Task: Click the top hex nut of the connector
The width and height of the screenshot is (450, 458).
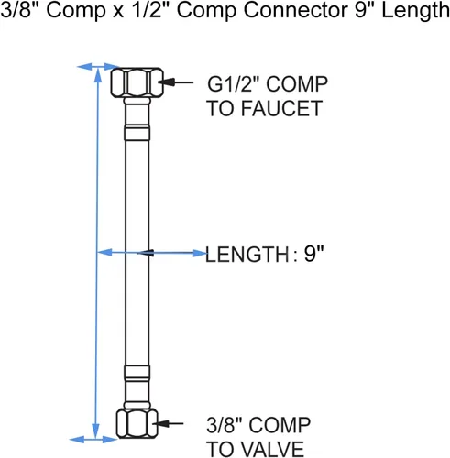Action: tap(137, 82)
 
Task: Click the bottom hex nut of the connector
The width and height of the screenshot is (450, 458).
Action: tap(137, 423)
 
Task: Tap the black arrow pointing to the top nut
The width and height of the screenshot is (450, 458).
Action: tap(176, 82)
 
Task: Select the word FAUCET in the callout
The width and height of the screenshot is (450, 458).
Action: tap(281, 108)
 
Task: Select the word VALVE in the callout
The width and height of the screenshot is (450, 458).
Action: tap(272, 449)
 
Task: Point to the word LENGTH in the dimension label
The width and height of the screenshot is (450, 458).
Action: tap(247, 255)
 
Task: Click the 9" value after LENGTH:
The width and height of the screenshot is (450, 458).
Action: tap(313, 254)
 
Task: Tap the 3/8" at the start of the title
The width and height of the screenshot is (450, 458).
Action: tap(21, 10)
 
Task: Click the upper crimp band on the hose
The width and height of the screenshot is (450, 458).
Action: tap(137, 133)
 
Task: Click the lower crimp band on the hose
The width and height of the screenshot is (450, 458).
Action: tap(137, 373)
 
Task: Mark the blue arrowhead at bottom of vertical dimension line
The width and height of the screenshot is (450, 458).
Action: tap(96, 431)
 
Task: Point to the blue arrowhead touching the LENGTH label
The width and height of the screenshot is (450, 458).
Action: tap(200, 253)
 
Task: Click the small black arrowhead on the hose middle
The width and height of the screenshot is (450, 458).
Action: tap(146, 253)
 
